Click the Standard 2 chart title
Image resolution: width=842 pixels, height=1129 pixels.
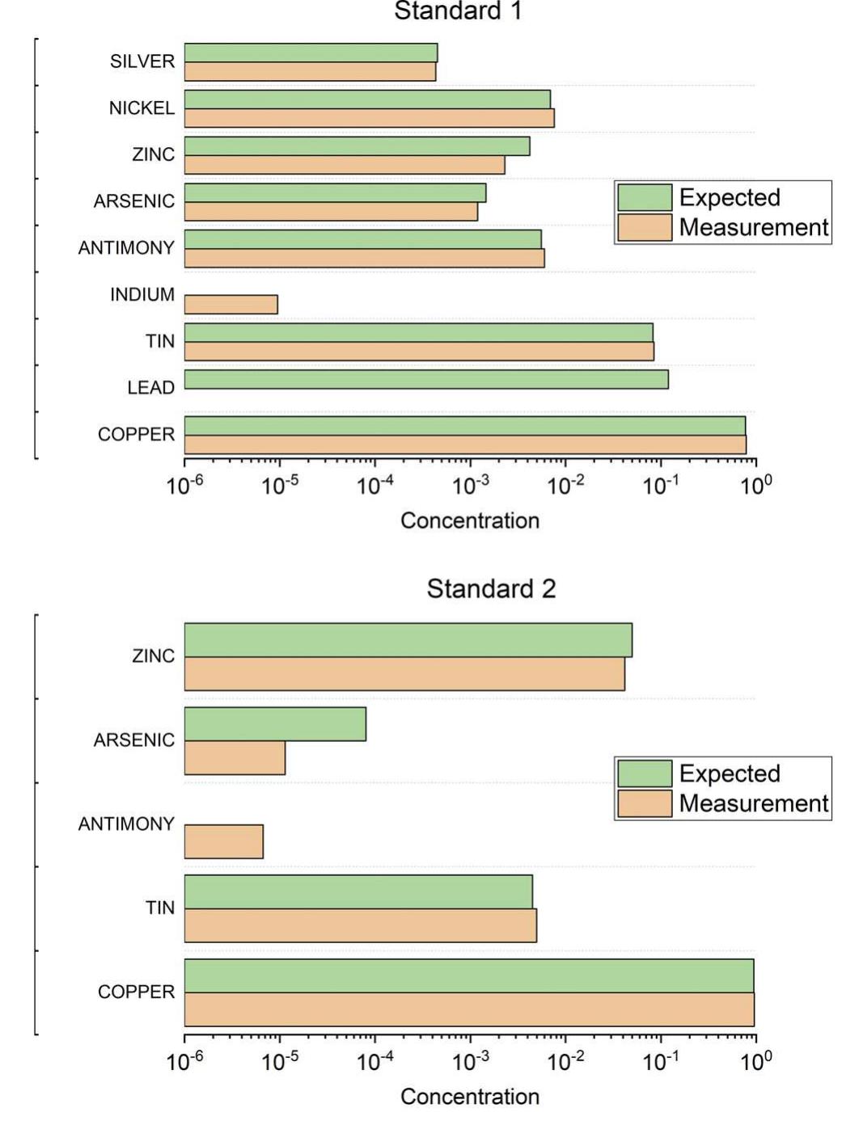491,588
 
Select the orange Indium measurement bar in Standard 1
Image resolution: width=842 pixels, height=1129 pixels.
231,305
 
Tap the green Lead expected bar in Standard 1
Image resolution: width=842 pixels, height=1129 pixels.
426,379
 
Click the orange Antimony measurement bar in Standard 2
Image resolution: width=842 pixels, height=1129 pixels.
224,841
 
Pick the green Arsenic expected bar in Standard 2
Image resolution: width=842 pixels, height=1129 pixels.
275,724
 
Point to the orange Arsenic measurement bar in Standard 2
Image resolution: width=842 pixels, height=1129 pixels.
235,758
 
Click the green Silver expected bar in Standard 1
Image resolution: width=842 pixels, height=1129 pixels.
311,53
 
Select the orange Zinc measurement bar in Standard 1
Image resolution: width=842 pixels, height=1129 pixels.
345,165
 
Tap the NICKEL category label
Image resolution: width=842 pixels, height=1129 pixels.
142,108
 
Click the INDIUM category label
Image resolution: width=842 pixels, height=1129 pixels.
142,295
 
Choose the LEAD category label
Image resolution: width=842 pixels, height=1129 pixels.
150,388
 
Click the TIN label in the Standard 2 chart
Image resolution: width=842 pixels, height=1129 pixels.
160,908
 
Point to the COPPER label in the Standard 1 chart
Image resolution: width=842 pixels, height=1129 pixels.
136,435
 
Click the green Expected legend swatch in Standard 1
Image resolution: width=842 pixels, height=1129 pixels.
645,197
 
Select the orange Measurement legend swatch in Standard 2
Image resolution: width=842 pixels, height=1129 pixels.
645,803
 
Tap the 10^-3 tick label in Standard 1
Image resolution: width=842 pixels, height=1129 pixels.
470,486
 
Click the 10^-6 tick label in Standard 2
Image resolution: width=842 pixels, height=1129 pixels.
184,1062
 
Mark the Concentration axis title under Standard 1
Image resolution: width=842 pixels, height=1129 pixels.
470,520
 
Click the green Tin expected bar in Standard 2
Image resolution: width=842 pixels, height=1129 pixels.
358,891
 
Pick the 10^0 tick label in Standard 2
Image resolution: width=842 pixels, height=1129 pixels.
755,1062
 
